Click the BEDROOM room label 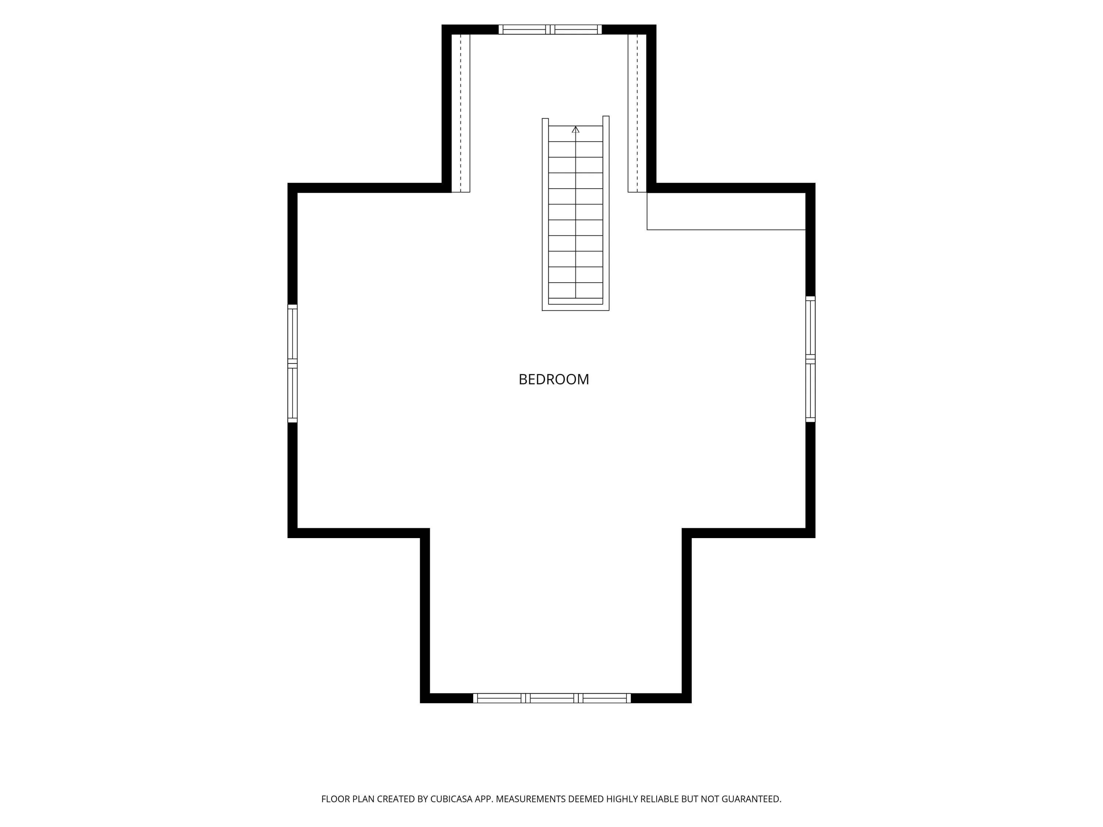(x=553, y=380)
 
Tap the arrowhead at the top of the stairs (x=575, y=129)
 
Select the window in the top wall (x=550, y=29)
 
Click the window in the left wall (x=293, y=364)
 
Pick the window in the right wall (x=810, y=359)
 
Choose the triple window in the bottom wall (x=552, y=698)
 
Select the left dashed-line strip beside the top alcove (x=461, y=113)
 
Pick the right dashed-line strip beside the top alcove (x=637, y=113)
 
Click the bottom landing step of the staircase (x=575, y=301)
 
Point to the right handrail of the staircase (x=606, y=213)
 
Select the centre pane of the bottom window (x=552, y=698)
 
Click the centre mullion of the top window (x=550, y=29)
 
